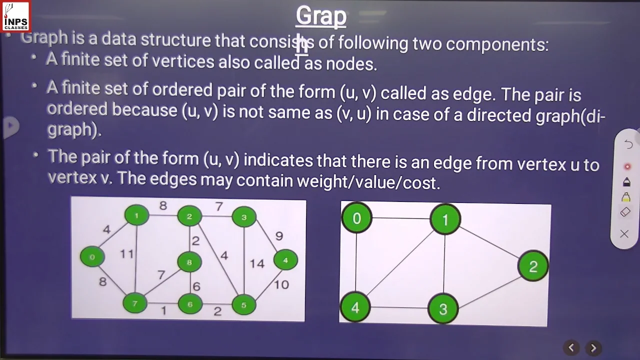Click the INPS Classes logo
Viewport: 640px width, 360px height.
coord(15,16)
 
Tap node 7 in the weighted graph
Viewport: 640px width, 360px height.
coord(134,303)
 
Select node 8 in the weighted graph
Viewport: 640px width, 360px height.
coord(189,262)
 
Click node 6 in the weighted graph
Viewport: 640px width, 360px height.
coord(190,304)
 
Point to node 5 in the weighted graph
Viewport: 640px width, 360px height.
coord(244,304)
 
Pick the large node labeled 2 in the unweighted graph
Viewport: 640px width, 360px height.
coord(533,266)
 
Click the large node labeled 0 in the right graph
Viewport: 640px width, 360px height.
coord(356,218)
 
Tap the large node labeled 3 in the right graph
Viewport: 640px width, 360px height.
coord(443,308)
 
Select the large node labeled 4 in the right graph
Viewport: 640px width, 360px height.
coord(355,307)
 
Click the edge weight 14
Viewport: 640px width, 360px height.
coord(257,263)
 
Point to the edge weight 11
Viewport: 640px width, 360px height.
coord(126,254)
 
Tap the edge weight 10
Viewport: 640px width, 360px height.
coord(281,284)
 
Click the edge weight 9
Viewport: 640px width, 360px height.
coord(279,236)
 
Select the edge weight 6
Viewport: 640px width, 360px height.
coord(196,286)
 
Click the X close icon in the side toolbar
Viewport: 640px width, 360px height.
coord(624,233)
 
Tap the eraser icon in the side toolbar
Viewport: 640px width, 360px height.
coord(625,212)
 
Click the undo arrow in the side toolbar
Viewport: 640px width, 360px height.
coord(628,144)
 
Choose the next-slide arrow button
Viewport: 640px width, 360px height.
coord(593,348)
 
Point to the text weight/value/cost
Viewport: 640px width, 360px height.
coord(368,182)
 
